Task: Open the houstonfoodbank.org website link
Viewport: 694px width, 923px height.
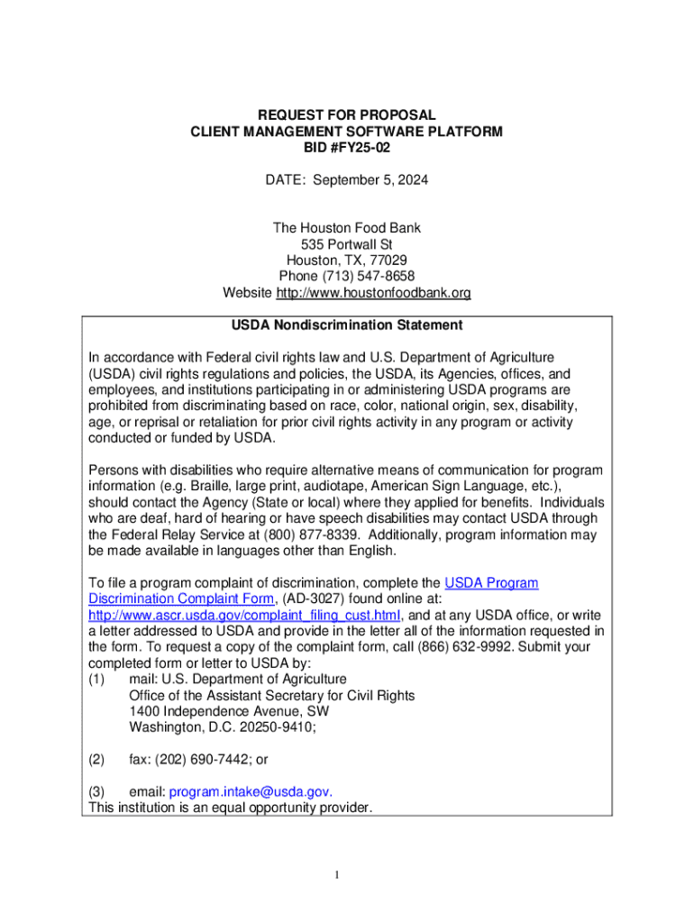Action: [x=373, y=293]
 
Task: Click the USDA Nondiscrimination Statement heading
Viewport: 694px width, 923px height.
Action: [x=347, y=324]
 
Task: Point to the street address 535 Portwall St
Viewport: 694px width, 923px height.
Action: [x=347, y=244]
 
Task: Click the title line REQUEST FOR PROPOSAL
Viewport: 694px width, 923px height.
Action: [x=347, y=115]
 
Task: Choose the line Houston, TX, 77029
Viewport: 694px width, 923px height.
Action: [x=347, y=260]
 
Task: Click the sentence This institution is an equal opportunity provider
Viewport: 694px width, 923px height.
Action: [x=229, y=808]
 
